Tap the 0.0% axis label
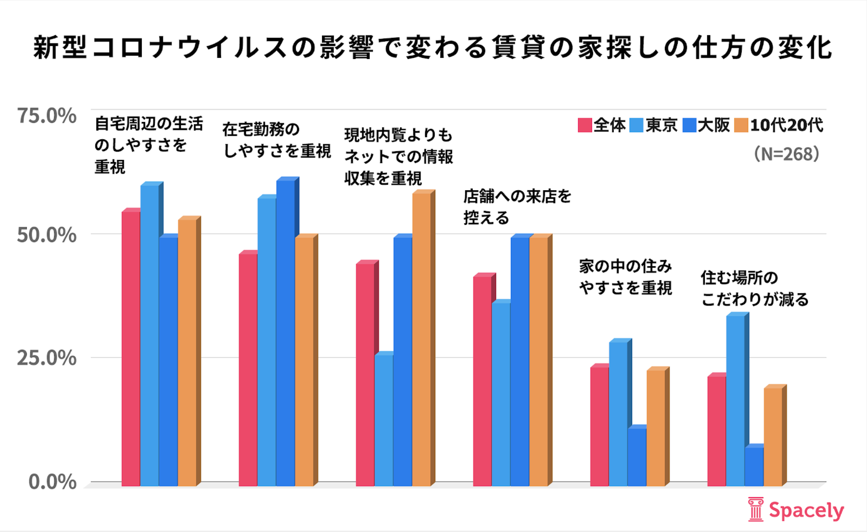pyautogui.click(x=52, y=482)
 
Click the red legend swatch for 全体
pyautogui.click(x=584, y=125)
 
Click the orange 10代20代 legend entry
pyautogui.click(x=779, y=125)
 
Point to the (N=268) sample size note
pyautogui.click(x=786, y=154)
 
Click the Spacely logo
pyautogui.click(x=796, y=510)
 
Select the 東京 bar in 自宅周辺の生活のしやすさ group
pyautogui.click(x=150, y=335)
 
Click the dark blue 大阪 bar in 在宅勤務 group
pyautogui.click(x=285, y=332)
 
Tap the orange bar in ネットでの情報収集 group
pyautogui.click(x=421, y=339)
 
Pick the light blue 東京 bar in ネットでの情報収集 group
pyautogui.click(x=383, y=420)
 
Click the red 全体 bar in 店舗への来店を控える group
pyautogui.click(x=482, y=382)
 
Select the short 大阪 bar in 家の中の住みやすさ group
pyautogui.click(x=637, y=456)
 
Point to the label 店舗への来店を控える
pyautogui.click(x=517, y=207)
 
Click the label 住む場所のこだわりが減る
pyautogui.click(x=754, y=289)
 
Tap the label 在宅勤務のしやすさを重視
pyautogui.click(x=276, y=141)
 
